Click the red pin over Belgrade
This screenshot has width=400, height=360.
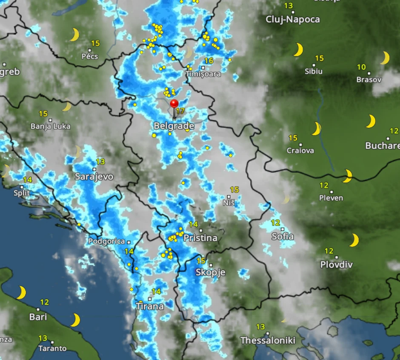(174, 104)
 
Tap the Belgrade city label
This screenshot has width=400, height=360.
(174, 126)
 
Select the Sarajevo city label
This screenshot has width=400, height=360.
(94, 177)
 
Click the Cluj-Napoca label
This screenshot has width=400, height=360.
(292, 19)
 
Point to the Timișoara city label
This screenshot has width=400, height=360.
(203, 74)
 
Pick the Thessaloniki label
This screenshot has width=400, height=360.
(268, 340)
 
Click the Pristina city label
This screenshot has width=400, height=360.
(200, 238)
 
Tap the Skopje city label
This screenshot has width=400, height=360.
(210, 272)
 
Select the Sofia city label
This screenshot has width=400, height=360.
(283, 236)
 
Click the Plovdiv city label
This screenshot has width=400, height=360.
(336, 265)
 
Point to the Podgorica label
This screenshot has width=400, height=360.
(107, 241)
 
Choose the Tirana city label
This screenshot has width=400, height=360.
(150, 306)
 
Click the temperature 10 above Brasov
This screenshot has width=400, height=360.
(361, 67)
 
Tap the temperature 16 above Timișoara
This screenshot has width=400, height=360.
(209, 61)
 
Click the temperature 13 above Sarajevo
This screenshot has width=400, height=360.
(100, 162)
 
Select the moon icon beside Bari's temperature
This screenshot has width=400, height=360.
(21, 293)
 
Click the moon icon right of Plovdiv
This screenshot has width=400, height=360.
(354, 240)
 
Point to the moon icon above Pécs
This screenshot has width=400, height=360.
(74, 35)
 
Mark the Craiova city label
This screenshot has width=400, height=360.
(300, 150)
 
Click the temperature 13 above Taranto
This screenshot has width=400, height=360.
(43, 338)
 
